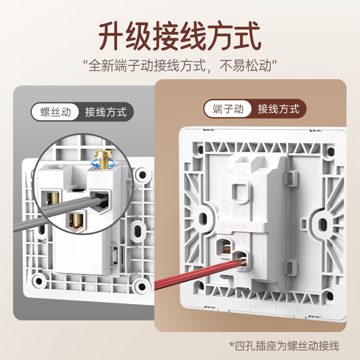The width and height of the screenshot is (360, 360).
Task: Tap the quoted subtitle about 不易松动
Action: pos(180,66)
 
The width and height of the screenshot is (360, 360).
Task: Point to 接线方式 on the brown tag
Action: pos(279,108)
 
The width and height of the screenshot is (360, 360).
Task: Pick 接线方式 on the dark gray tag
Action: pos(106,112)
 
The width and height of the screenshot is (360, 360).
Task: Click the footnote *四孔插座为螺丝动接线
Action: pos(283,346)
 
